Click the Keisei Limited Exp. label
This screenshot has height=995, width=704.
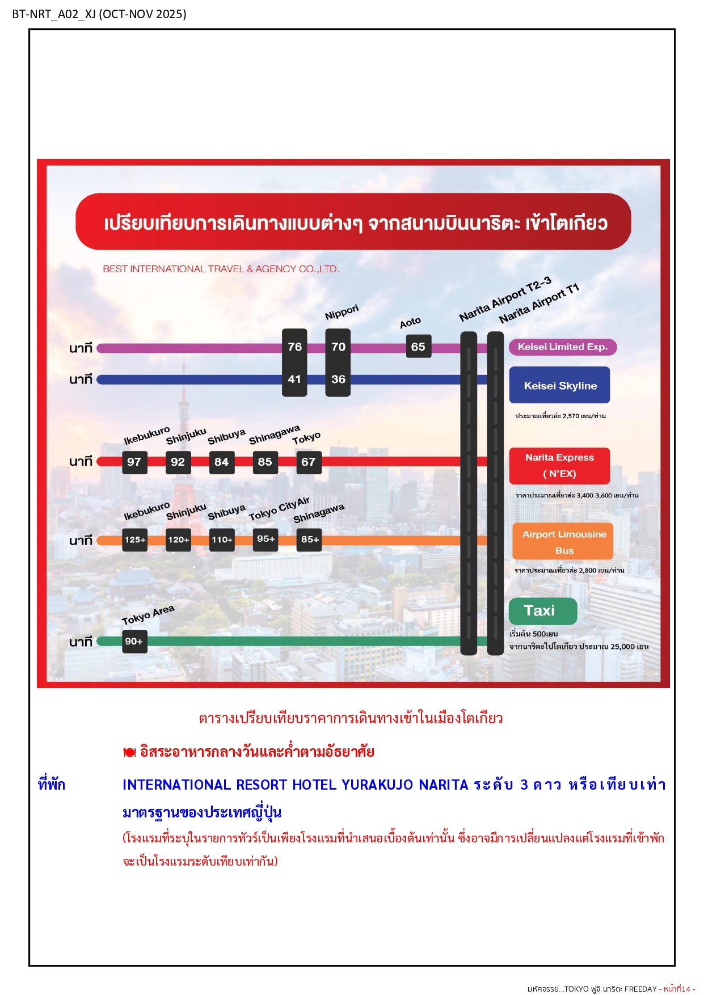[x=562, y=347]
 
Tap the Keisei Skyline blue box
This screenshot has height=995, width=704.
[x=559, y=385]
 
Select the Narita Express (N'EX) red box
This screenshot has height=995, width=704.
[x=559, y=465]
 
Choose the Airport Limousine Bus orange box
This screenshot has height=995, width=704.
[x=563, y=542]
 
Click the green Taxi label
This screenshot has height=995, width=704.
[x=543, y=611]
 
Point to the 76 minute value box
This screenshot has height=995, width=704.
[x=294, y=347]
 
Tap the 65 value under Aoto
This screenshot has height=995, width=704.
[x=419, y=347]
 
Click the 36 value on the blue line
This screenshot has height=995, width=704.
[x=338, y=379]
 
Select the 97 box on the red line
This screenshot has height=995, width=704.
[x=134, y=462]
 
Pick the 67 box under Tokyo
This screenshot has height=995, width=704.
[x=309, y=462]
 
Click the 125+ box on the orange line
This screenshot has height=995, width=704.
[x=135, y=539]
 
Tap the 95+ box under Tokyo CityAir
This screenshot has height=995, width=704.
[x=265, y=539]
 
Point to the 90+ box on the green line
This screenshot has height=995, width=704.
[x=134, y=641]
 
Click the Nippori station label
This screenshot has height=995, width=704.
[x=342, y=312]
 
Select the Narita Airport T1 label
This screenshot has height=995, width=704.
[x=539, y=303]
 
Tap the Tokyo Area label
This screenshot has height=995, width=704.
[x=148, y=615]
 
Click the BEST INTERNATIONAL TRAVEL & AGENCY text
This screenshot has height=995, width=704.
[x=221, y=269]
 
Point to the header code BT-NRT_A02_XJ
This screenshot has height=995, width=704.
[x=54, y=14]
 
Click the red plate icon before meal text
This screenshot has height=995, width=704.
[x=129, y=752]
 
